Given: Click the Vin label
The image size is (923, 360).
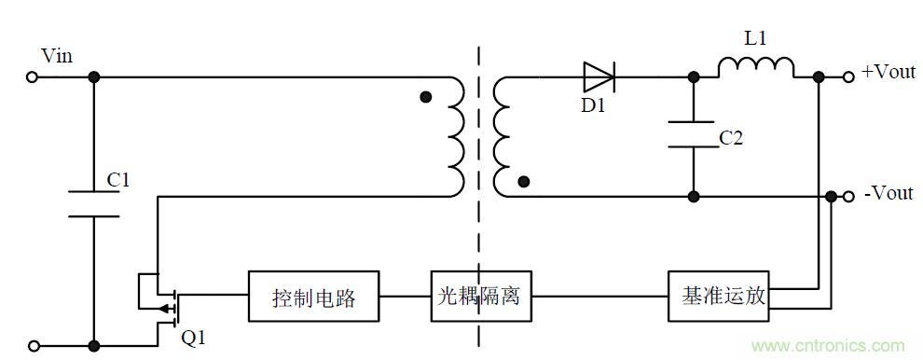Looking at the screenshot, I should click(x=57, y=57).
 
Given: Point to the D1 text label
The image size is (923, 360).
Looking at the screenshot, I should click(x=594, y=105).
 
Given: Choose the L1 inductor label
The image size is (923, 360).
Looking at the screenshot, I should click(x=756, y=39).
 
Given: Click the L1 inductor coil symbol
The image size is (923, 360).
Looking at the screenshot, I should click(x=756, y=68).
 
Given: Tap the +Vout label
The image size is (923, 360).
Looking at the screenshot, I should click(x=888, y=72).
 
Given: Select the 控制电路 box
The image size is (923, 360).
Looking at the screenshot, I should click(x=313, y=298).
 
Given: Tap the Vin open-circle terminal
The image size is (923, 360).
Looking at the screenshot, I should click(x=32, y=78).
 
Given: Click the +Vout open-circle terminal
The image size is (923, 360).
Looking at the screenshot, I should click(x=847, y=78).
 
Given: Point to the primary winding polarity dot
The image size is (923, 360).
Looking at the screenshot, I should click(x=426, y=96).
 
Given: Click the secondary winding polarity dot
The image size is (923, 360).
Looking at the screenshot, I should click(x=524, y=182).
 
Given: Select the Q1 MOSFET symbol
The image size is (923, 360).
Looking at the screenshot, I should click(x=160, y=298).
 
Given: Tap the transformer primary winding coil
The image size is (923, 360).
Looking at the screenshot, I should click(x=456, y=137).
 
